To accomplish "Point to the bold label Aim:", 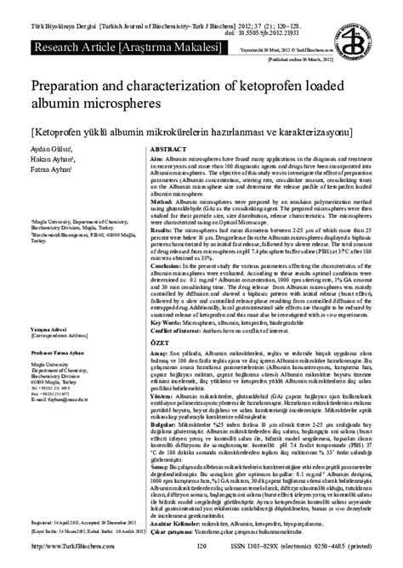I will pos(156,160).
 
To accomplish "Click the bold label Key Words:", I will pos(167,323).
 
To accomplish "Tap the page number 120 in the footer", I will pos(201,557).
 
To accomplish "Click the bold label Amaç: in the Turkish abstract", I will pos(159,349).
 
